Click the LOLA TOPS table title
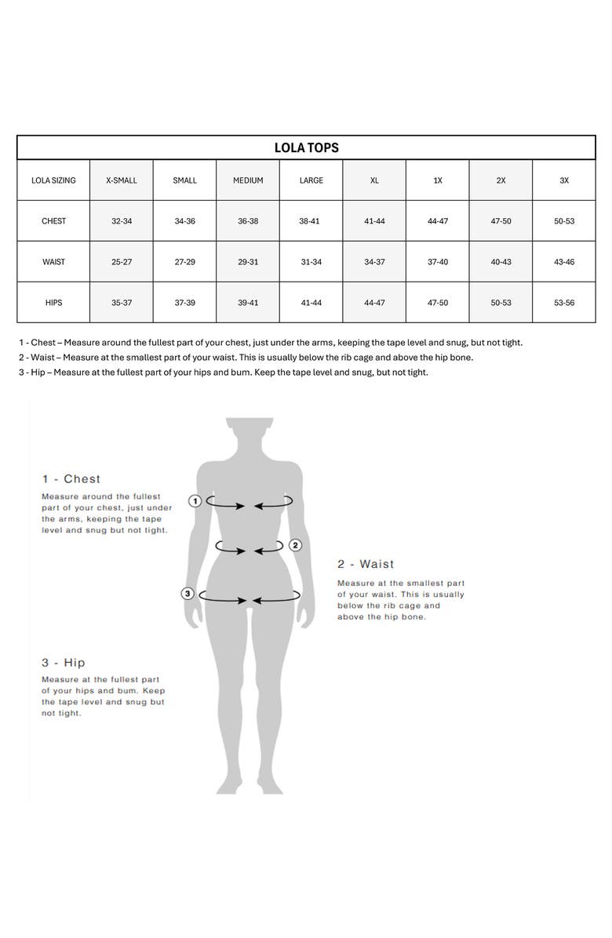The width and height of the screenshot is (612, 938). (306, 147)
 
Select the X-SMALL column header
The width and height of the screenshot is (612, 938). (122, 180)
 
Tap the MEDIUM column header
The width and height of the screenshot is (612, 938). (248, 180)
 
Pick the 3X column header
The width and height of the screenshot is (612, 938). (564, 180)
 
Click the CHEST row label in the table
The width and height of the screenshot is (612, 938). (53, 221)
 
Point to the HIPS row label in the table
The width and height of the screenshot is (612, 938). (53, 303)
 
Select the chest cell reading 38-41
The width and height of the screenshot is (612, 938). (311, 221)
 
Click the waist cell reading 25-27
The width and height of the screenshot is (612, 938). (122, 262)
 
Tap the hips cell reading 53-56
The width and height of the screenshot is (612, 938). (564, 303)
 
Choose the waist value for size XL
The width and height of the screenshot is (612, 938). (374, 262)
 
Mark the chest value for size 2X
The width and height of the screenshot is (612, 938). (501, 221)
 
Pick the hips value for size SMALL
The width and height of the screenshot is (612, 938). (184, 303)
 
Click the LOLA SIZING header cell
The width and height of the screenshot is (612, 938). (53, 180)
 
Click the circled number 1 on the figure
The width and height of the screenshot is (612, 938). (195, 500)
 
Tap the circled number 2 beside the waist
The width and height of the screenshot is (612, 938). (295, 545)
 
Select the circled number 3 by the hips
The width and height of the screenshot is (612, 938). (188, 594)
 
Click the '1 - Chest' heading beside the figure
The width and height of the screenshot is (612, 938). (71, 479)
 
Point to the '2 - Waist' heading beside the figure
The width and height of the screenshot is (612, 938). (366, 565)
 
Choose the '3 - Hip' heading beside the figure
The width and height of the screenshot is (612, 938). (64, 663)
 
